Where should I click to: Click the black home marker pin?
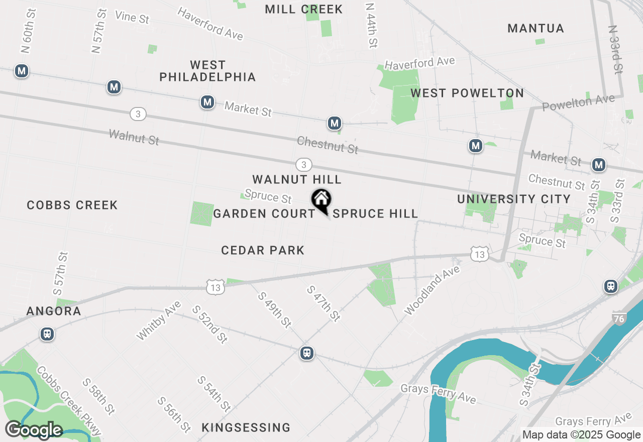[321, 201]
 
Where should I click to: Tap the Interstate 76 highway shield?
[619, 318]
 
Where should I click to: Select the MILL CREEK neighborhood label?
[303, 9]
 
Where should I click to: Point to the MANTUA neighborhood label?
[535, 28]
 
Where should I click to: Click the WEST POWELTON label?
[467, 93]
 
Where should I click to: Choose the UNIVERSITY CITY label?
[513, 199]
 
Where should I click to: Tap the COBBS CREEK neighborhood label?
[72, 205]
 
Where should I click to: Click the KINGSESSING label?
[246, 428]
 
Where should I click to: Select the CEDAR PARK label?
[263, 250]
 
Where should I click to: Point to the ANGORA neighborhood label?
[54, 311]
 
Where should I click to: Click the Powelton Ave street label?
[578, 103]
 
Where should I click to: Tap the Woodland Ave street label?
[433, 291]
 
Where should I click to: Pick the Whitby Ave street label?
[158, 320]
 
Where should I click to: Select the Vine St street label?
[132, 17]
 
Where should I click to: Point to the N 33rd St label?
[615, 50]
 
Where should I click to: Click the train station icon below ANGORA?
[47, 334]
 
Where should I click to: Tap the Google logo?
[34, 430]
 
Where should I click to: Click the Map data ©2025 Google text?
[582, 435]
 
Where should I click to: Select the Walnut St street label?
[134, 137]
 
